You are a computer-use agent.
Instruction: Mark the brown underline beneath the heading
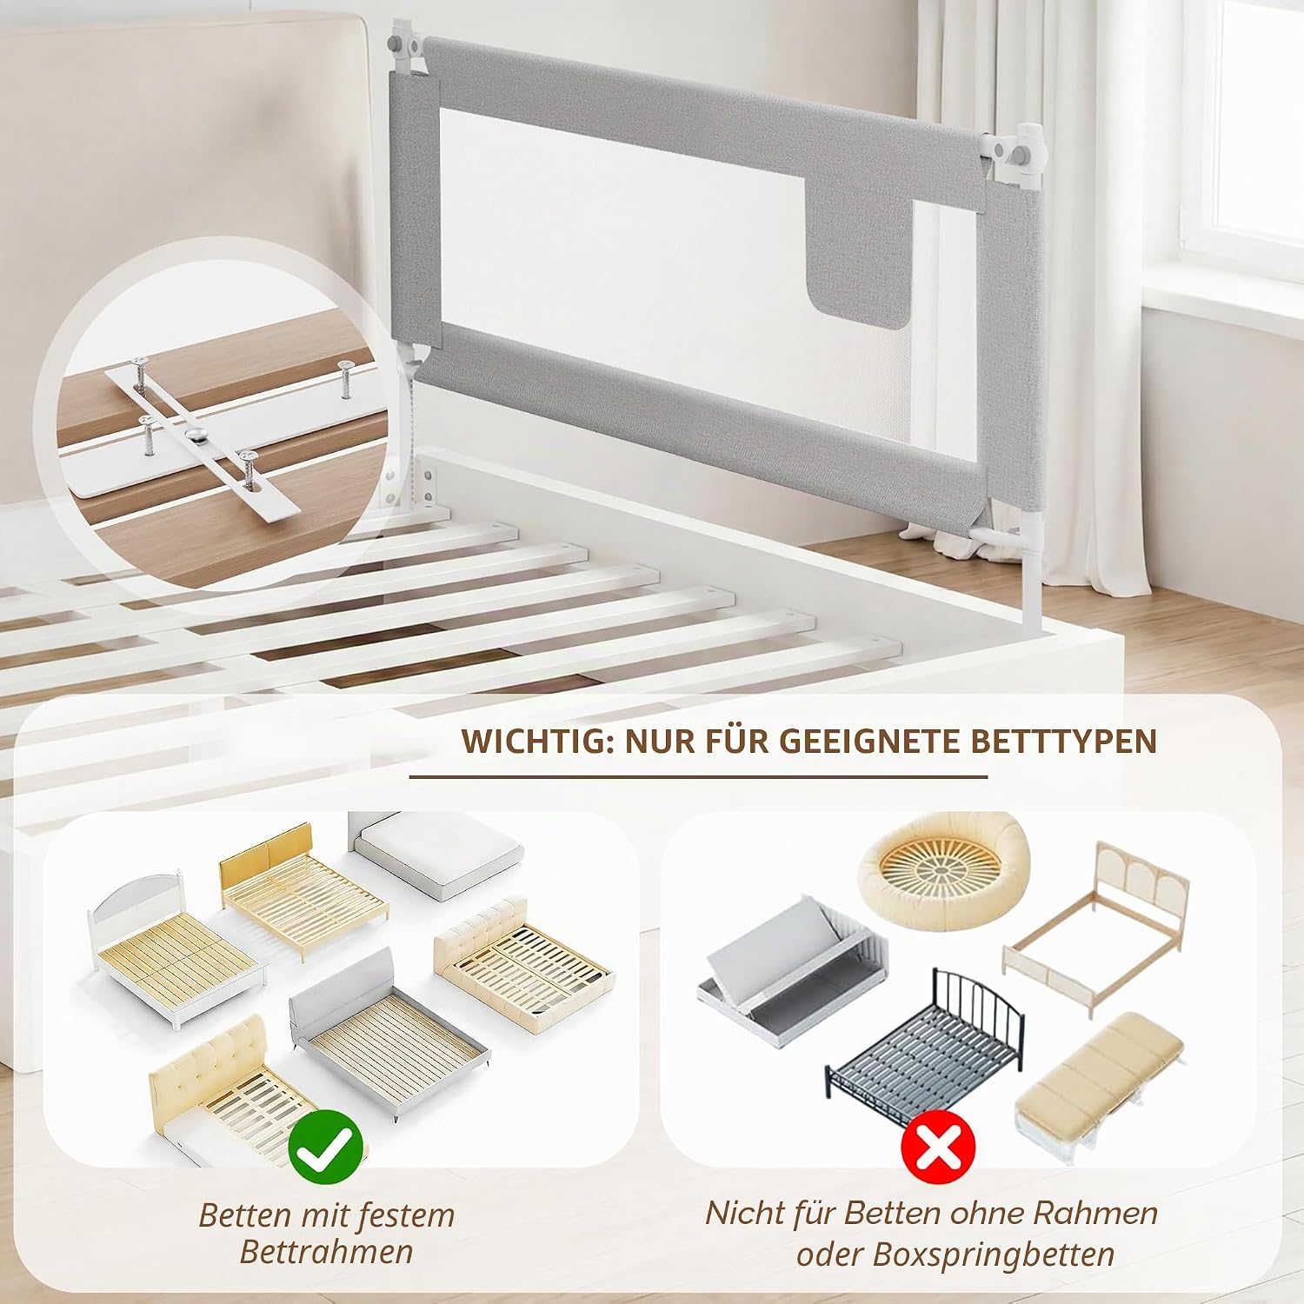click(699, 776)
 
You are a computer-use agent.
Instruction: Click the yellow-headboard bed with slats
click(303, 889)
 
